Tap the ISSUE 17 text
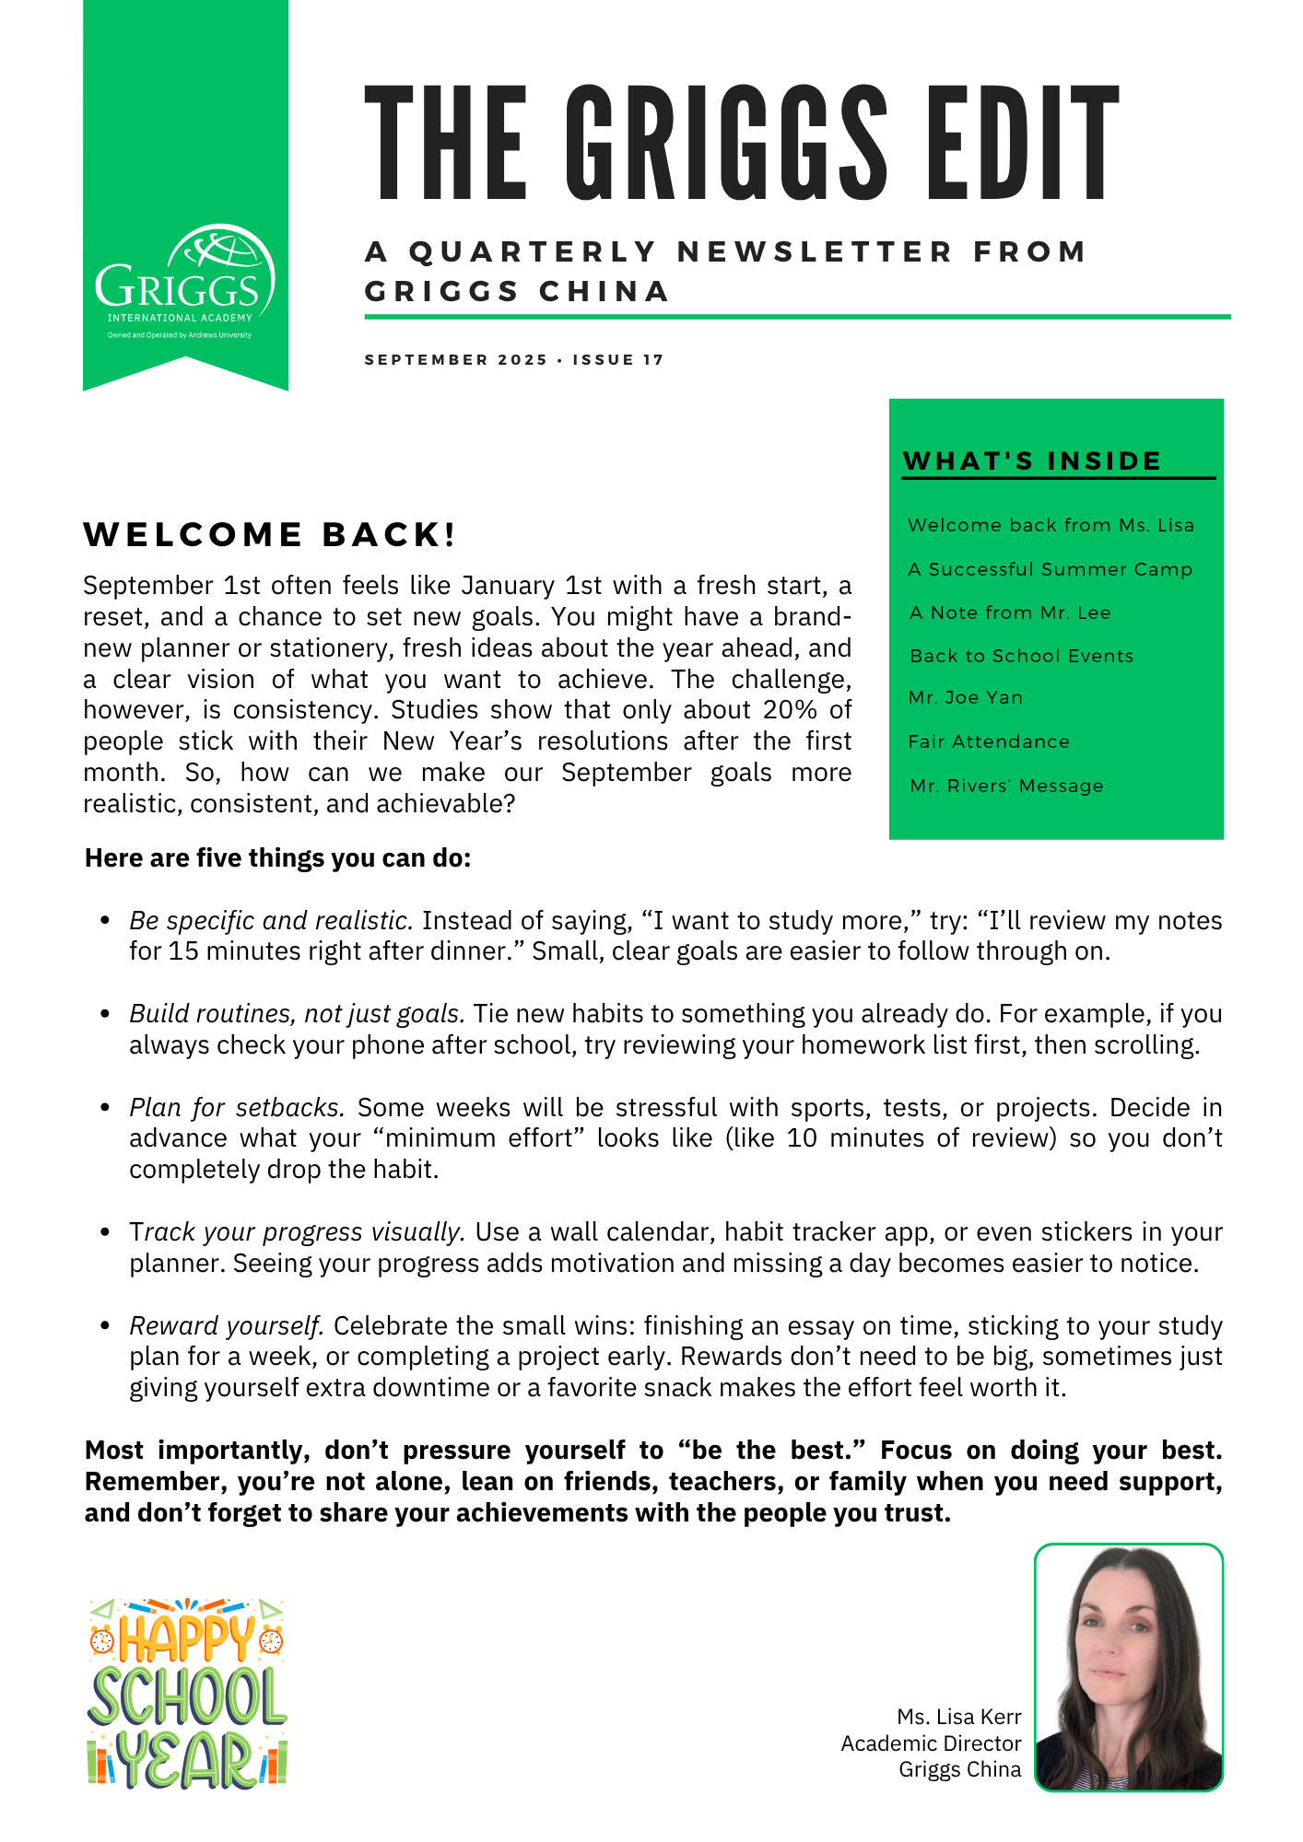(618, 360)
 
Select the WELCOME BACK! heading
(270, 535)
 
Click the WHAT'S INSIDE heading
(1032, 460)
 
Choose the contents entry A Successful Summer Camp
(1050, 569)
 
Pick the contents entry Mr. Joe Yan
(966, 697)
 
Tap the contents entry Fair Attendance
(989, 741)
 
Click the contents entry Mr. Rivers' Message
(1006, 786)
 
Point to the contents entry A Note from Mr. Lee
(1009, 612)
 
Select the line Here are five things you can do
(278, 858)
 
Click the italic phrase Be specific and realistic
(271, 921)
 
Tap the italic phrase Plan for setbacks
(237, 1107)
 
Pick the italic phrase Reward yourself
(227, 1326)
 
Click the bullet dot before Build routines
(106, 1014)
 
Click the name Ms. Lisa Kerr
(959, 1717)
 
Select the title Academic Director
(931, 1743)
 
